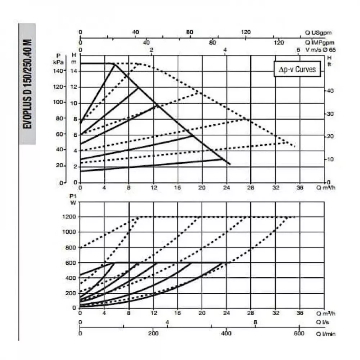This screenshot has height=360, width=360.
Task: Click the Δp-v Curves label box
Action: [297, 69]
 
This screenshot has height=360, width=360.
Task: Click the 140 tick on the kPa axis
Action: [59, 71]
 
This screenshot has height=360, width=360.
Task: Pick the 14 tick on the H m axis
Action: [74, 71]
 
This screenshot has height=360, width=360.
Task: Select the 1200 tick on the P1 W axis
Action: [69, 217]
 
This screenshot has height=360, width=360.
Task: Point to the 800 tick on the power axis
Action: [71, 247]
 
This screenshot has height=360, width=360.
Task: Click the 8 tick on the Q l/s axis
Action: [255, 322]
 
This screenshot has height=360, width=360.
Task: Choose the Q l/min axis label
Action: [326, 334]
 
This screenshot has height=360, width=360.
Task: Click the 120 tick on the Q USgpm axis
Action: [246, 32]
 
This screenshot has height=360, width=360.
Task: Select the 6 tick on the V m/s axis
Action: [298, 50]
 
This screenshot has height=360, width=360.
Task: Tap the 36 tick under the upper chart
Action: [300, 188]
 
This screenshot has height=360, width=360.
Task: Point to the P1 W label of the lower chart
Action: [73, 199]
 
